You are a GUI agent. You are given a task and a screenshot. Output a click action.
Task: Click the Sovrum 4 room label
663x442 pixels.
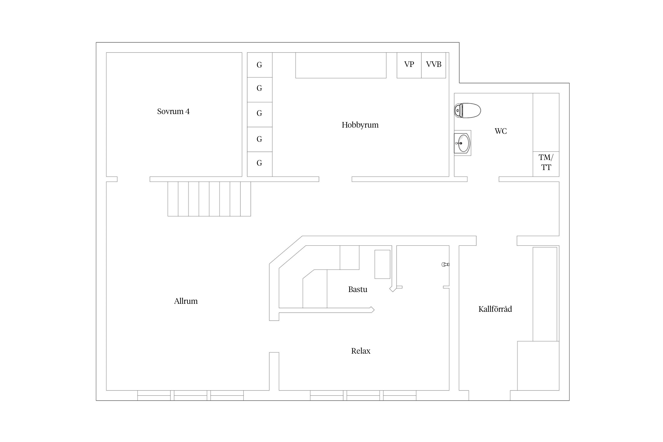click(173, 111)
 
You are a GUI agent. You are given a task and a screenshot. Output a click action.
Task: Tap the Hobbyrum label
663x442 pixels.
click(360, 125)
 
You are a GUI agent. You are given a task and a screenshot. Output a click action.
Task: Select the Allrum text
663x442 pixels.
click(186, 301)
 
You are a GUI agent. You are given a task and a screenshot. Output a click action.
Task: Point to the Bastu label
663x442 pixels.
click(358, 289)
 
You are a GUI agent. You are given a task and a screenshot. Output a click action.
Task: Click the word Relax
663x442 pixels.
click(361, 351)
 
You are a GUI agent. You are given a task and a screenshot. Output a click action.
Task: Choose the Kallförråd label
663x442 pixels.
click(495, 309)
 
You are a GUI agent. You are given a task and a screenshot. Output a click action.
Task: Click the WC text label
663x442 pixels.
click(501, 131)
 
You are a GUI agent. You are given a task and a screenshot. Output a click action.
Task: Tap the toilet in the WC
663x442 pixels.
click(467, 111)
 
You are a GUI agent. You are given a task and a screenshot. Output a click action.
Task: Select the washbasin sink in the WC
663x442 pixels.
click(463, 143)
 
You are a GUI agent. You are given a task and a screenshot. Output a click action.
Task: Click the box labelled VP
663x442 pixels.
click(409, 65)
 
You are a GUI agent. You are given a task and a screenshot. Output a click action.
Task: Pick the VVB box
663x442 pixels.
click(433, 65)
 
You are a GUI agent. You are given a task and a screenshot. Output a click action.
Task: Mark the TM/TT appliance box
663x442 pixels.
click(546, 164)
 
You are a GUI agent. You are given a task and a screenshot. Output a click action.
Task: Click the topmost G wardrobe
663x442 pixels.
click(260, 65)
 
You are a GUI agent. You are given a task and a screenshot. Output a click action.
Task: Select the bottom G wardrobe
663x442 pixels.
click(260, 164)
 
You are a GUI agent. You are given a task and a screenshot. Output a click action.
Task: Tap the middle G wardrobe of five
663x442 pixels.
click(260, 115)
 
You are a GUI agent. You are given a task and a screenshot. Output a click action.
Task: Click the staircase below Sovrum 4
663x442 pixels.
click(209, 199)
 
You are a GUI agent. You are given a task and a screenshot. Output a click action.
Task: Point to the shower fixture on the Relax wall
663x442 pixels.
click(446, 264)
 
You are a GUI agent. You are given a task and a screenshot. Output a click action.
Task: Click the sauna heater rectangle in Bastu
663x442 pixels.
click(382, 264)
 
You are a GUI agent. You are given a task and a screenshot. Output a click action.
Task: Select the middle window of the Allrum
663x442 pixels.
click(191, 395)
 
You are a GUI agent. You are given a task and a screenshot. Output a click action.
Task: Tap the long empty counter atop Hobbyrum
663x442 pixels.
click(341, 65)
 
